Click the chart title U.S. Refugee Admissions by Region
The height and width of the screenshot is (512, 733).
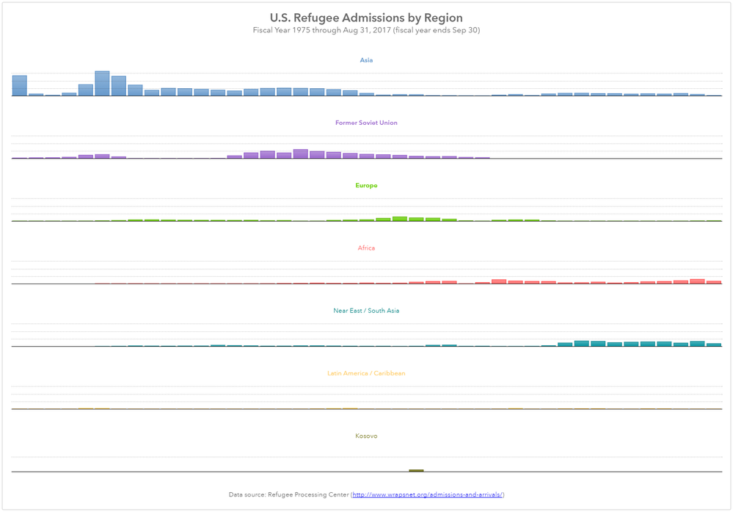point(366,18)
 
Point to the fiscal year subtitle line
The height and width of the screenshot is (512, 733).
point(366,30)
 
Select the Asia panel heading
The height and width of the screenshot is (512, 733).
point(366,60)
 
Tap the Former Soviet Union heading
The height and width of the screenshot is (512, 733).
point(366,123)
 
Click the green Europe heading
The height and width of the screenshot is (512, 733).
point(366,186)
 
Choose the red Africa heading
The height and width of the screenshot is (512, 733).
point(366,248)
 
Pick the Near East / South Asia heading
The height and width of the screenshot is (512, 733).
point(366,311)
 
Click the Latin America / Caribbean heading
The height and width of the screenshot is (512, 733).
point(366,373)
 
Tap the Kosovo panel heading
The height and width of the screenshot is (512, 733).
point(366,436)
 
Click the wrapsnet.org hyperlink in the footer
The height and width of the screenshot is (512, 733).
point(428,495)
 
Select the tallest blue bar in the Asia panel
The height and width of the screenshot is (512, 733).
point(102,84)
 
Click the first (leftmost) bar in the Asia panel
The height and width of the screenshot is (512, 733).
point(20,86)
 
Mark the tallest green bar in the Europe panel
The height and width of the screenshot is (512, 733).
point(400,219)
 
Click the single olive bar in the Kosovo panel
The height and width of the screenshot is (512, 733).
point(416,470)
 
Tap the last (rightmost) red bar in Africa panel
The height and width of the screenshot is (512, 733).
point(714,282)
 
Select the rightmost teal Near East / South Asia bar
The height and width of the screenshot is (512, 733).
point(714,345)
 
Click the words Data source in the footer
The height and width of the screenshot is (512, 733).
point(246,495)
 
